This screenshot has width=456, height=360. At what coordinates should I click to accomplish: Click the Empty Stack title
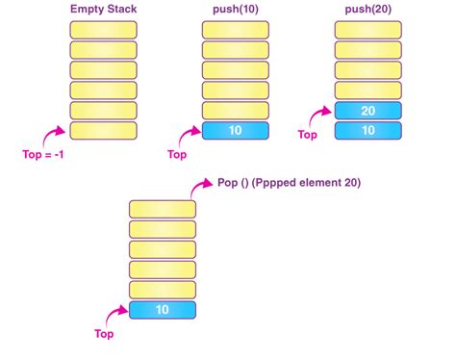[103, 9]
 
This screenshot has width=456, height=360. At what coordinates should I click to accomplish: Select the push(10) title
[235, 9]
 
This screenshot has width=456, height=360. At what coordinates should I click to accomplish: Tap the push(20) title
[367, 9]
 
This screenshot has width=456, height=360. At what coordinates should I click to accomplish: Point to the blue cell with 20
[367, 111]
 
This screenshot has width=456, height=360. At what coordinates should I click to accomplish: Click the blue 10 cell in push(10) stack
[236, 131]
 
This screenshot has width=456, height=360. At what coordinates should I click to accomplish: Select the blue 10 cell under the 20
[367, 131]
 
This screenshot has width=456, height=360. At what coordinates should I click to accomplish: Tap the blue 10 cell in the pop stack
[162, 310]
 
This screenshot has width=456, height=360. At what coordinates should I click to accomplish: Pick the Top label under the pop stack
[104, 335]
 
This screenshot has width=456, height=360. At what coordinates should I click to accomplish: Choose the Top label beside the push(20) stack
[307, 136]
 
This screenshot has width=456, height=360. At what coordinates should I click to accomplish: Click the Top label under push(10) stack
[178, 154]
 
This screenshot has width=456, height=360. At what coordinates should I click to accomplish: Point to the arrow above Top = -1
[55, 134]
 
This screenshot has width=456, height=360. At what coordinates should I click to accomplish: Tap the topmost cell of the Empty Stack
[103, 28]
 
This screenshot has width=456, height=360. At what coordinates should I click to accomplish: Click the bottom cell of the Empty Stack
[103, 131]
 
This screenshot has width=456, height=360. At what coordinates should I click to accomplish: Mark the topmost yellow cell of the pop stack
[162, 209]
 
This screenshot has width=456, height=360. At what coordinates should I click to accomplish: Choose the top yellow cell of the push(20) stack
[367, 28]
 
